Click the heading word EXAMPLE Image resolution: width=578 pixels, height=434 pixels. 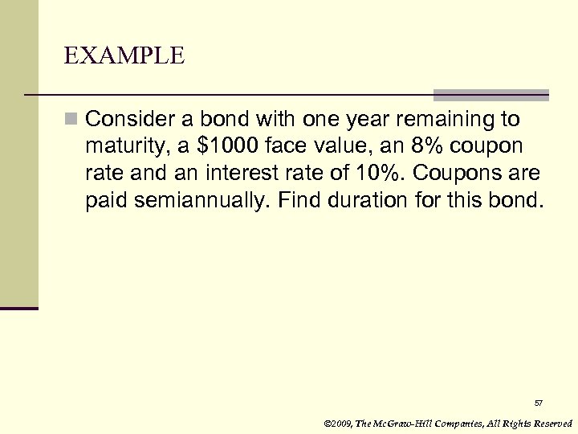pyautogui.click(x=125, y=55)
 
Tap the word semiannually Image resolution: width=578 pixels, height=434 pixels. pyautogui.click(x=195, y=199)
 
